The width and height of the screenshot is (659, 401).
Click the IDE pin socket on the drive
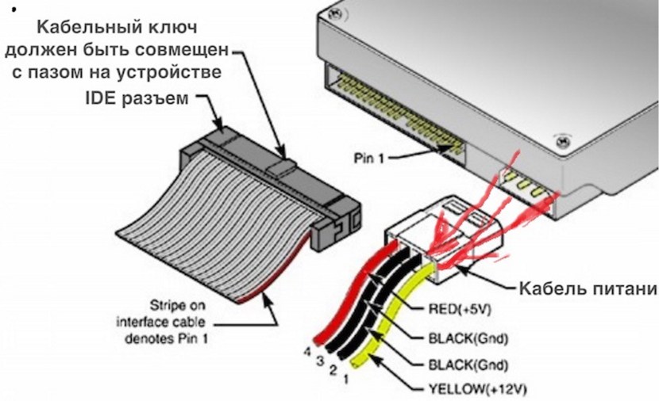click(397, 111)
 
